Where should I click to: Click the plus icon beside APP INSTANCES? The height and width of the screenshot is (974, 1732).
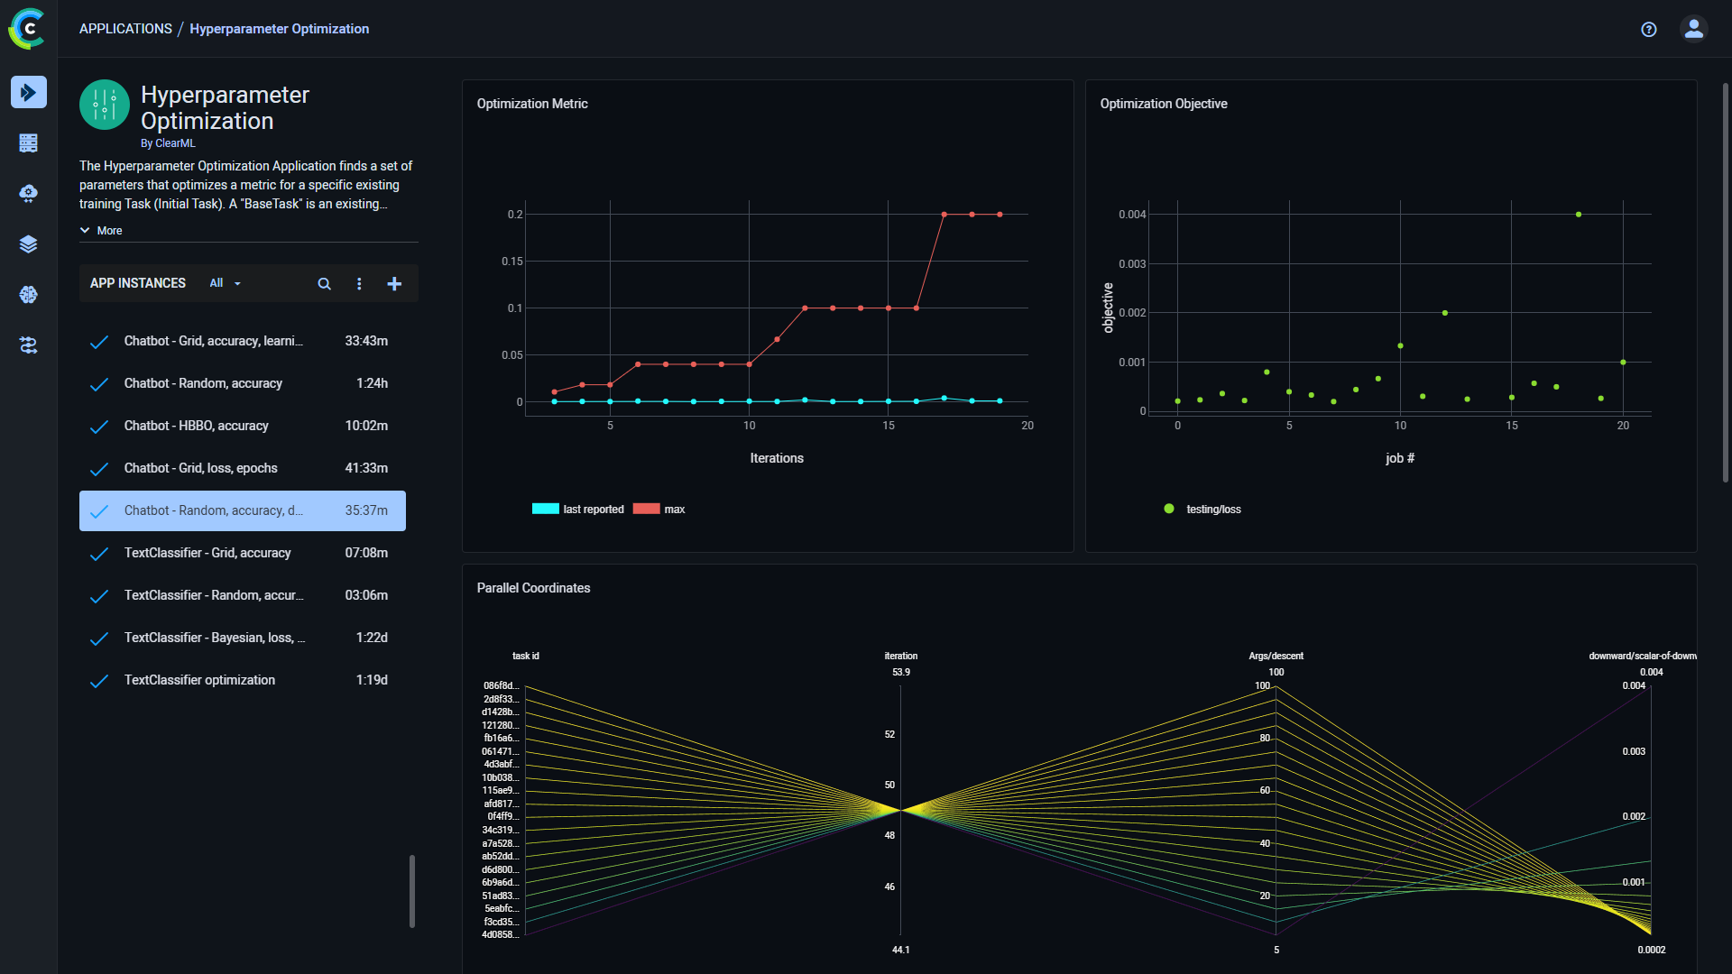coord(394,284)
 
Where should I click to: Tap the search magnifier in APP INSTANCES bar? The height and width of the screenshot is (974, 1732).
coord(324,284)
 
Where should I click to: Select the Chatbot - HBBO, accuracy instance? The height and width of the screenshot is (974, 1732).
coord(197,426)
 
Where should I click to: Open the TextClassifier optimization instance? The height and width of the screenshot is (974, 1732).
coord(199,680)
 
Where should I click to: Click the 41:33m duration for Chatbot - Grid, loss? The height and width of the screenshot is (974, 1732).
coord(366,468)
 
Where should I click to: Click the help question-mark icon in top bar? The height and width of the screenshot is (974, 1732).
coord(1649,30)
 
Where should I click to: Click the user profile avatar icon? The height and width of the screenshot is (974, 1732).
coord(1694,30)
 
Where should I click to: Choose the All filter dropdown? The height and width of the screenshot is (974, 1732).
coord(225,283)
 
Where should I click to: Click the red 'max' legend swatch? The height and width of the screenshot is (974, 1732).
coord(646,509)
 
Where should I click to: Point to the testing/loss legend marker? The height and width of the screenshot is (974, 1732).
coord(1169,509)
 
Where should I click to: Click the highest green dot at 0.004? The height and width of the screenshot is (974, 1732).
coord(1579,215)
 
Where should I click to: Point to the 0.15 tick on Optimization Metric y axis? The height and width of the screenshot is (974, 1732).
coord(511,262)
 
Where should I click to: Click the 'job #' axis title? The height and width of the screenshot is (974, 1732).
coord(1399,458)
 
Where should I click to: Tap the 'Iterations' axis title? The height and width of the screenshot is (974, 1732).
coord(777,458)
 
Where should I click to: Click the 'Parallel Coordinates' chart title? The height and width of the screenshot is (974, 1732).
coord(533,588)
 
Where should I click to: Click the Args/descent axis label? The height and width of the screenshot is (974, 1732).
coord(1276,656)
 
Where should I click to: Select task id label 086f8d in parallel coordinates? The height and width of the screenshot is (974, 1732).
coord(501,685)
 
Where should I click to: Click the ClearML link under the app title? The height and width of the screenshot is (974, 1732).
coord(175,143)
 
